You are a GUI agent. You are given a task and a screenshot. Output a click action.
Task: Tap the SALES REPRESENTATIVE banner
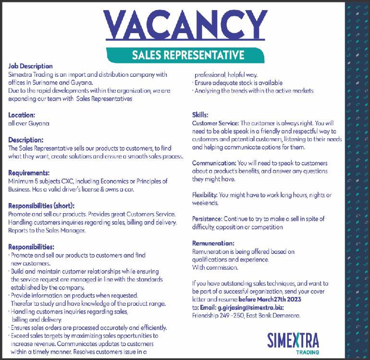point(188,55)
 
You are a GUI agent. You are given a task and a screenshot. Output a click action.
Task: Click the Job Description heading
point(30,66)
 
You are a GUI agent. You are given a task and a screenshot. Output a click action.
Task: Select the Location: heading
point(22,115)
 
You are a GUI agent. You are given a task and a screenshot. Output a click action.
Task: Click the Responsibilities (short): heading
point(41,206)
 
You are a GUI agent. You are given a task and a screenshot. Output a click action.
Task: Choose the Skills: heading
point(200,115)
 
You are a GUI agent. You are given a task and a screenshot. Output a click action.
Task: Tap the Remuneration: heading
point(213,243)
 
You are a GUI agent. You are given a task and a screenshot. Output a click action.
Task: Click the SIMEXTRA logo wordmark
point(293,339)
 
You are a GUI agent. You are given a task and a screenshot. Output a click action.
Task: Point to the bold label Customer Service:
point(215,123)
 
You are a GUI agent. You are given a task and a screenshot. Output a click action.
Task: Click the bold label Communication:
point(214,163)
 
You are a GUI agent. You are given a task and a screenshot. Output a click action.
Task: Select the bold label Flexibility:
point(205,195)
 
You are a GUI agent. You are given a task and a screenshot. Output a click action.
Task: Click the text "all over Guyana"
point(29,123)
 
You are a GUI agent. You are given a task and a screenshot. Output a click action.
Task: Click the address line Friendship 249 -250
point(220,316)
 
